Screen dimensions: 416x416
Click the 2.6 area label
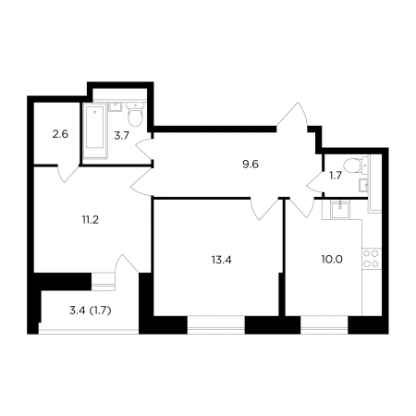pos(60,134)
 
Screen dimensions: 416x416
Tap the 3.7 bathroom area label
pos(121,136)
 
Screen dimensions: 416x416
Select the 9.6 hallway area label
pos(251,165)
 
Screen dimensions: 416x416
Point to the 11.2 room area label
pos(90,220)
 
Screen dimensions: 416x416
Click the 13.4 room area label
pos(221,260)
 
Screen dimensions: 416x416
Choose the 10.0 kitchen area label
pos(332,260)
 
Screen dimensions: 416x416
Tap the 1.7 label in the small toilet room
pos(336,176)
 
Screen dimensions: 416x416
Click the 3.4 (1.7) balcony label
pos(90,311)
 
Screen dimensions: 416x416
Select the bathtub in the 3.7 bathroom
pos(95,131)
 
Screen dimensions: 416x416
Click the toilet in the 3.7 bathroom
pos(135,115)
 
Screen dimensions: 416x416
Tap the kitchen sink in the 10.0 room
pos(340,210)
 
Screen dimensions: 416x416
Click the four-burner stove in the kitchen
pos(371,259)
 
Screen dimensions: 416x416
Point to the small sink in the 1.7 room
pos(363,185)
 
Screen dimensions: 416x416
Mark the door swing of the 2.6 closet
pos(68,174)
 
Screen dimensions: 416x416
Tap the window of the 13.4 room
pos(215,324)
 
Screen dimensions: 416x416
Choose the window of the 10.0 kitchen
pos(324,324)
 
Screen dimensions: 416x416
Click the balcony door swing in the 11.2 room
pos(127,263)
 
